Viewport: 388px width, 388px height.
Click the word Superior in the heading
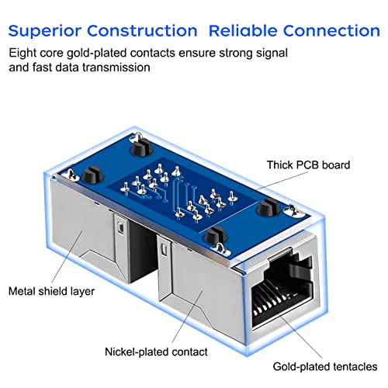(x=47, y=31)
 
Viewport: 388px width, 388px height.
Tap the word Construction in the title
(x=144, y=31)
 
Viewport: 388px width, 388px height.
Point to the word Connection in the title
(x=330, y=31)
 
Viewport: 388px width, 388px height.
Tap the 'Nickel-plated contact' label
(x=156, y=352)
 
